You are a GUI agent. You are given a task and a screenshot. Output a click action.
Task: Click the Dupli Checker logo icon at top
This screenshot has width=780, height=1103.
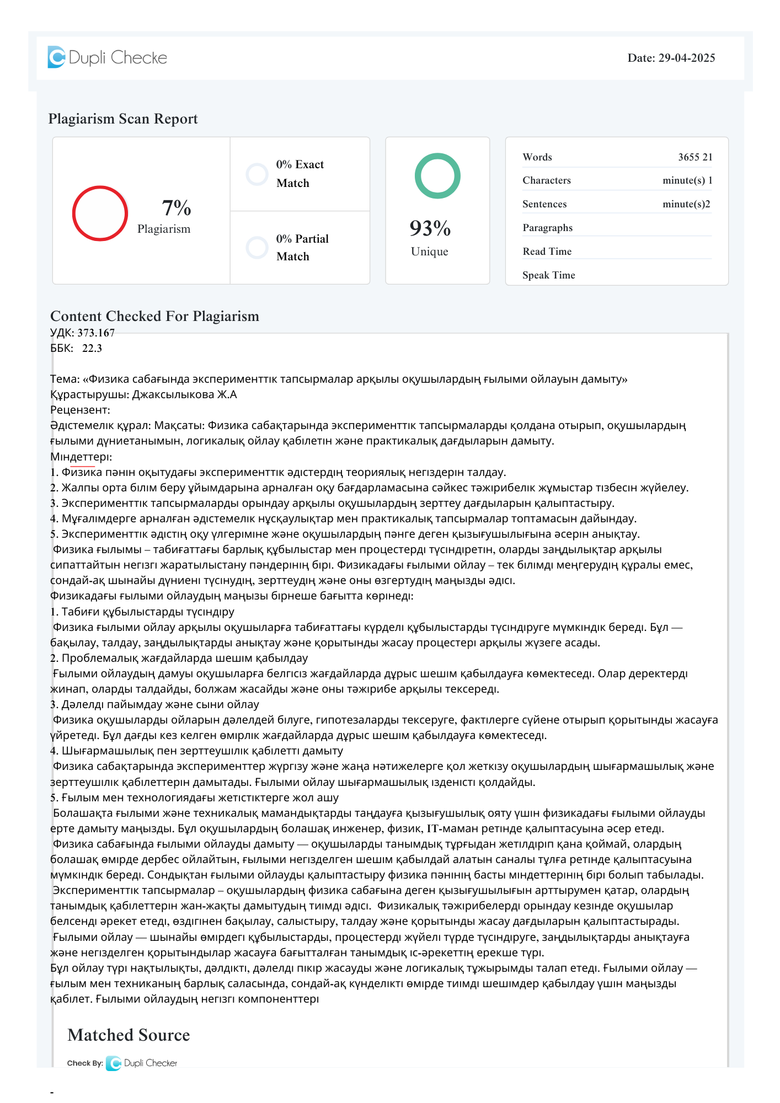(x=56, y=57)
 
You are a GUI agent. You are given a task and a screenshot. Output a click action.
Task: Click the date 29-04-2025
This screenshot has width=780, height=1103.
(x=686, y=58)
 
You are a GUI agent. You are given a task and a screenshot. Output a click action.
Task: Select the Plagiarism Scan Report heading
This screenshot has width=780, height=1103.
(x=123, y=119)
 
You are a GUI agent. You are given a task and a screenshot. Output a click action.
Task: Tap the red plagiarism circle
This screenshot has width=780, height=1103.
(x=100, y=213)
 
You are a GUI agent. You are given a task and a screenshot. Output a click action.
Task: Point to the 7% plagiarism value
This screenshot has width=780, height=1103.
(x=177, y=208)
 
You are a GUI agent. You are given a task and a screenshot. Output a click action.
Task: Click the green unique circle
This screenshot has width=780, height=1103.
(x=437, y=176)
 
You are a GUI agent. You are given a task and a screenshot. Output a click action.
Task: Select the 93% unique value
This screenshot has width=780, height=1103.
(x=430, y=228)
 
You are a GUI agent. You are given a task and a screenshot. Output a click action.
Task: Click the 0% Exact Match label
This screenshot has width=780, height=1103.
(x=300, y=174)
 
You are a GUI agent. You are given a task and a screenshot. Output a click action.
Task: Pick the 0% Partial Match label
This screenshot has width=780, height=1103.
(x=302, y=248)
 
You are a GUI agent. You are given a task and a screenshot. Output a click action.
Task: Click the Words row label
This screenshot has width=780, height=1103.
(x=537, y=157)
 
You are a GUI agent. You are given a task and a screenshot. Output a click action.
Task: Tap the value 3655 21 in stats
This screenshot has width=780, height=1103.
(x=695, y=157)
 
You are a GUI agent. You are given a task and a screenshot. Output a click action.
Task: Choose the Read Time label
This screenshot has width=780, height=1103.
(x=547, y=251)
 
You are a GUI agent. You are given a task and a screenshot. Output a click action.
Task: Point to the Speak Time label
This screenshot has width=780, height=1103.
(x=548, y=275)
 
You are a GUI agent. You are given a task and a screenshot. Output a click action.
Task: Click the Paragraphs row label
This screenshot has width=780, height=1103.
(x=547, y=228)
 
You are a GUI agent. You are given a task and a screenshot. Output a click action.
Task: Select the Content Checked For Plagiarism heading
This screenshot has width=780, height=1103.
(x=154, y=316)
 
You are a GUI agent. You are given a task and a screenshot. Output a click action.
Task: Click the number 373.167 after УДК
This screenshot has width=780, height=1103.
(x=96, y=333)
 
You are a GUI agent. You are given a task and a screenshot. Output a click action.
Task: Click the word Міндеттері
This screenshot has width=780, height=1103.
(x=80, y=457)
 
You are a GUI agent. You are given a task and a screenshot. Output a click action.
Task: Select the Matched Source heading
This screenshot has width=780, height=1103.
(x=129, y=1035)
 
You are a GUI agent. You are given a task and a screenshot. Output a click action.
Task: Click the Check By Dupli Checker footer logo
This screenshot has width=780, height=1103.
(x=142, y=1063)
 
